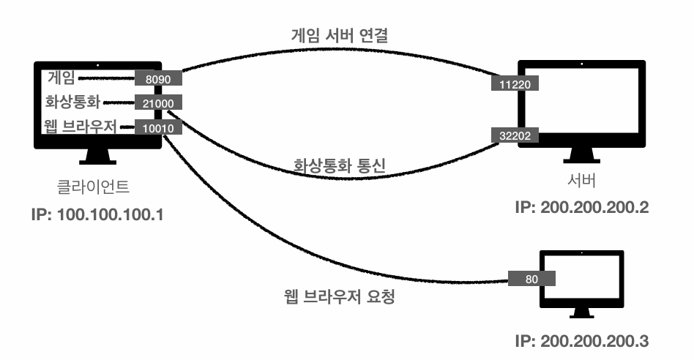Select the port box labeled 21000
coord(158,102)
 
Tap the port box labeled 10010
coord(158,127)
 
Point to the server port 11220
coord(515,83)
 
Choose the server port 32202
coord(515,135)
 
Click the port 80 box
coord(531,278)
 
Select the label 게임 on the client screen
coord(61,78)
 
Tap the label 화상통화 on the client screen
coord(72,102)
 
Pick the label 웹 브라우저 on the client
coord(80,127)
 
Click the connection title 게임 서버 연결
coord(340,35)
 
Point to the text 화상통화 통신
coord(340,165)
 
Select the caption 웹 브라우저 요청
coord(339,296)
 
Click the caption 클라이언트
coord(94,186)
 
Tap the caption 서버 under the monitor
coord(581,181)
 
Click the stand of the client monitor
coord(98,157)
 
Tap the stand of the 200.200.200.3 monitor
coord(581,312)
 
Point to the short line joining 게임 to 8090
coord(106,79)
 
